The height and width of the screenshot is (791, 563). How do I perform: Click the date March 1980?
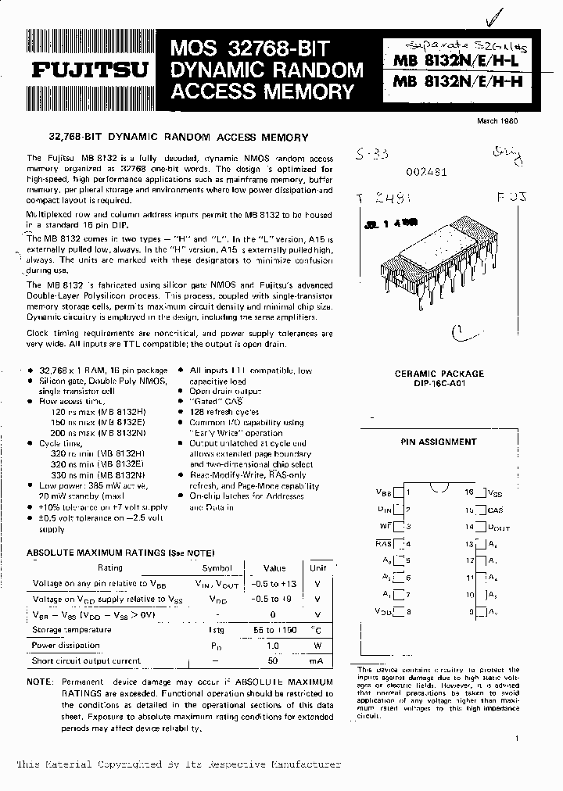tap(497, 120)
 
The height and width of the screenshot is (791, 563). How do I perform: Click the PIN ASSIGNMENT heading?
tap(438, 442)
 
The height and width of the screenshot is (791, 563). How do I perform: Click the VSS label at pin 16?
tap(496, 492)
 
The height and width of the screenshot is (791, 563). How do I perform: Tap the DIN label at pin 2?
tap(383, 510)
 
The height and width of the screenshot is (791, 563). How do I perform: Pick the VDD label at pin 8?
tap(383, 612)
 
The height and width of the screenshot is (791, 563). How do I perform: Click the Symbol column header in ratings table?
tap(217, 568)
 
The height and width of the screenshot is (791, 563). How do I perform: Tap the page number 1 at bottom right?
tap(517, 738)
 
